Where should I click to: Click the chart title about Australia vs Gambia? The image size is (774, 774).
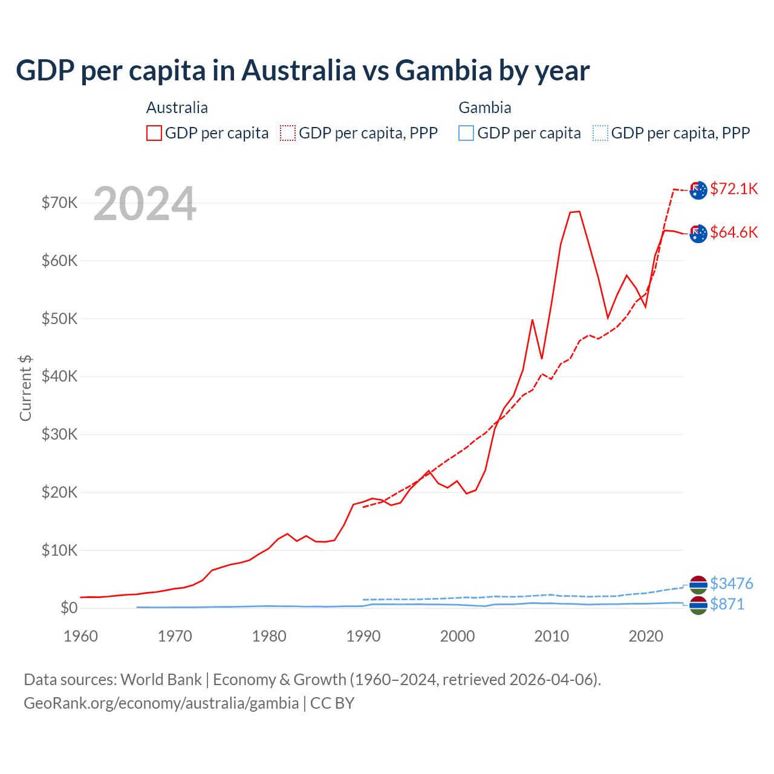(x=302, y=71)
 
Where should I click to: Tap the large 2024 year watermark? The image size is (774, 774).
(x=145, y=204)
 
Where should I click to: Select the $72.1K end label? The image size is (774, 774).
(x=733, y=189)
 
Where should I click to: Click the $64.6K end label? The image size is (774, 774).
(x=733, y=232)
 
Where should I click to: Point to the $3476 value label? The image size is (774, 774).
(x=731, y=584)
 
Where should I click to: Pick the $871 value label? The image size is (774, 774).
(x=727, y=604)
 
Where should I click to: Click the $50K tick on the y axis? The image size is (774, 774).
(x=59, y=319)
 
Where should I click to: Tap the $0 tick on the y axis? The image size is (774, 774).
(x=69, y=608)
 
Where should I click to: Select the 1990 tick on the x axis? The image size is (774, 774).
(x=363, y=636)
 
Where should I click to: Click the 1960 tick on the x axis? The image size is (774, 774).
(x=80, y=636)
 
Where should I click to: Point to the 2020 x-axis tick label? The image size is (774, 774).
(x=646, y=636)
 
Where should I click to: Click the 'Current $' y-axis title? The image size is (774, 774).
(x=25, y=388)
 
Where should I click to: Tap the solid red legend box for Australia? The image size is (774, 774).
(x=154, y=133)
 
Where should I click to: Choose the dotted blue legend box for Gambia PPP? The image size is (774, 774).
(x=600, y=133)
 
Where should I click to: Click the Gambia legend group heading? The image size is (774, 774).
(x=485, y=108)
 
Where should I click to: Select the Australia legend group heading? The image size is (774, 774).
(x=177, y=108)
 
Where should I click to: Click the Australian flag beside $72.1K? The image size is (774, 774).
(x=698, y=190)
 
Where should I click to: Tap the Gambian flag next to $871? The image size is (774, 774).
(x=698, y=605)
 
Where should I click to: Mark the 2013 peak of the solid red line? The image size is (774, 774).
(x=579, y=212)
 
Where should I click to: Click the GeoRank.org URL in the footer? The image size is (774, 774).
(x=161, y=703)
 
